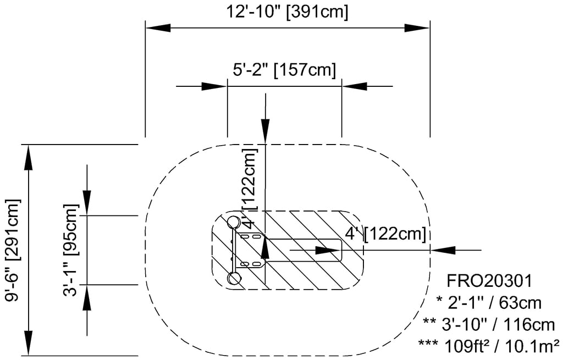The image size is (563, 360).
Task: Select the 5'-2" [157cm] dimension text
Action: tap(284, 70)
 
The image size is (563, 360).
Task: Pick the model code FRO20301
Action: tap(489, 281)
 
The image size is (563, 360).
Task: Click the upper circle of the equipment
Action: tap(233, 221)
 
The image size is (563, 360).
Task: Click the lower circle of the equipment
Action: tap(234, 279)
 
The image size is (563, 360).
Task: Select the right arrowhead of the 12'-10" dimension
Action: tap(417, 27)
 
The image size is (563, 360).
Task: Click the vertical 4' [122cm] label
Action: tap(250, 187)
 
